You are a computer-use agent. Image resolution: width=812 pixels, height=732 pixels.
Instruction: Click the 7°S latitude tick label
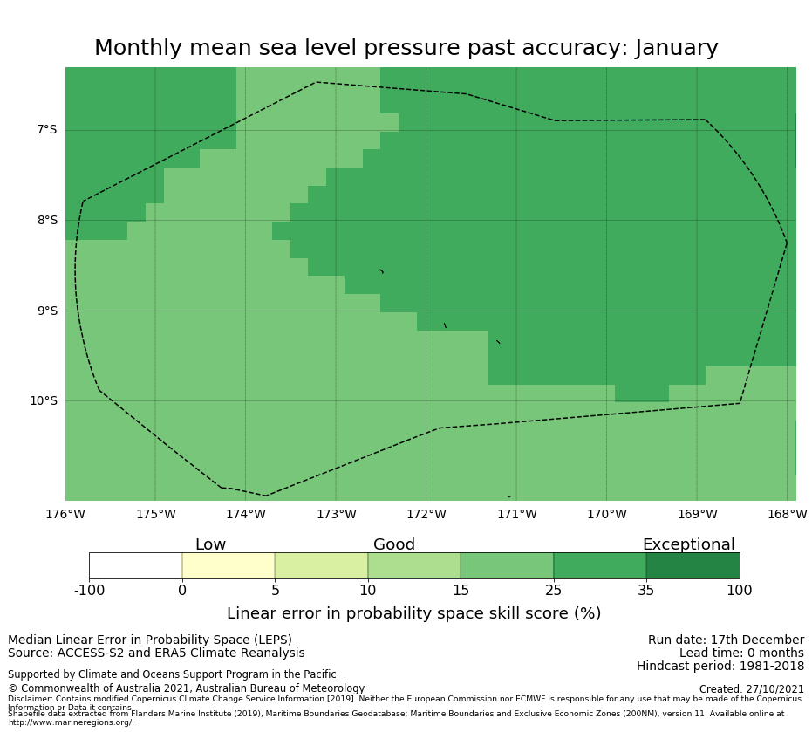point(46,130)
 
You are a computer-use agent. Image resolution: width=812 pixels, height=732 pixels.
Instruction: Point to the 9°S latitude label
point(46,311)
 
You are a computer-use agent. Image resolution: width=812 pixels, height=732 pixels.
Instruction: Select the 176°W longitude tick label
point(65,515)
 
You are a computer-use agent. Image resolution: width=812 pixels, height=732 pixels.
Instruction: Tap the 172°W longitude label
point(426,515)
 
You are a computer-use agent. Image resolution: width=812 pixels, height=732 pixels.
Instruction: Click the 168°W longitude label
point(787,515)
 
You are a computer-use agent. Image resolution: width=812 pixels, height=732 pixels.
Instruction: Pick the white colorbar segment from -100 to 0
point(135,565)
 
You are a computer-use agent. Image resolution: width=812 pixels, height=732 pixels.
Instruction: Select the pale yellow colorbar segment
point(229,565)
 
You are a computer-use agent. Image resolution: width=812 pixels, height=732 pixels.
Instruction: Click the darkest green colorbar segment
point(693,565)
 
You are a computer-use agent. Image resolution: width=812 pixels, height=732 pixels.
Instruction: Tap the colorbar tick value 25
point(553,591)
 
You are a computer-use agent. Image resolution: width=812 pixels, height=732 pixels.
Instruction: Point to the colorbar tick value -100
point(89,591)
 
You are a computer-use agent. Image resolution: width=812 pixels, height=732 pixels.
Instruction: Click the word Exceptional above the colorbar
point(688,545)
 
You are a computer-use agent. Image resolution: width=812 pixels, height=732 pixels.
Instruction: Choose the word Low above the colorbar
point(210,545)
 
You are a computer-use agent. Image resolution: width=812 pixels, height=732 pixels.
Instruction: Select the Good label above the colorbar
point(394,545)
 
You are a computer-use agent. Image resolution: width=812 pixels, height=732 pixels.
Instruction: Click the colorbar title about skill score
point(413,613)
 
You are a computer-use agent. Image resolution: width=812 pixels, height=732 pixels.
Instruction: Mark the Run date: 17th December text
point(726,640)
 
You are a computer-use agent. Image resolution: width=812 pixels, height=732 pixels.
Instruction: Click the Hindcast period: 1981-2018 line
point(720,667)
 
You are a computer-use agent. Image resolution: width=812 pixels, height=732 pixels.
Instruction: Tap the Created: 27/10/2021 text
point(751,689)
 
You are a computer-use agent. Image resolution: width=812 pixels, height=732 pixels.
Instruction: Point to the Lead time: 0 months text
point(741,653)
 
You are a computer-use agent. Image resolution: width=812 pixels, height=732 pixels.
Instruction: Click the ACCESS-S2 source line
point(156,653)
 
